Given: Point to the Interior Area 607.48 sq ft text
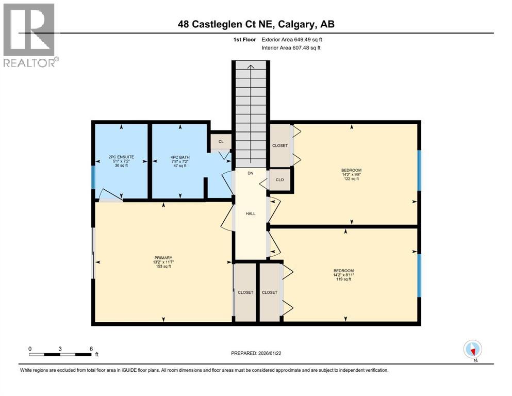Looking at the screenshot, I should (x=291, y=48).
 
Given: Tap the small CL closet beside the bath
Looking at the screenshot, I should (x=221, y=141).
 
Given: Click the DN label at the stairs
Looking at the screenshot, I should (x=251, y=174).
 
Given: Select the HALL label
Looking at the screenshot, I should (x=251, y=213).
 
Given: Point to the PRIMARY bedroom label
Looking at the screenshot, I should (x=163, y=258).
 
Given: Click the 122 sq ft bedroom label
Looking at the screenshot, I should (x=351, y=176).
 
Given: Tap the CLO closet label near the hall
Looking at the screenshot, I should (x=280, y=180).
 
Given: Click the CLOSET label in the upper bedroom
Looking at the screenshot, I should (x=280, y=146).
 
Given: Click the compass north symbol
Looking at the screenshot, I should (x=472, y=350).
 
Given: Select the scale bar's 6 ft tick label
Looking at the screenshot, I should (x=91, y=349).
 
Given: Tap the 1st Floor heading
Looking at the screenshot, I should (x=243, y=40).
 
